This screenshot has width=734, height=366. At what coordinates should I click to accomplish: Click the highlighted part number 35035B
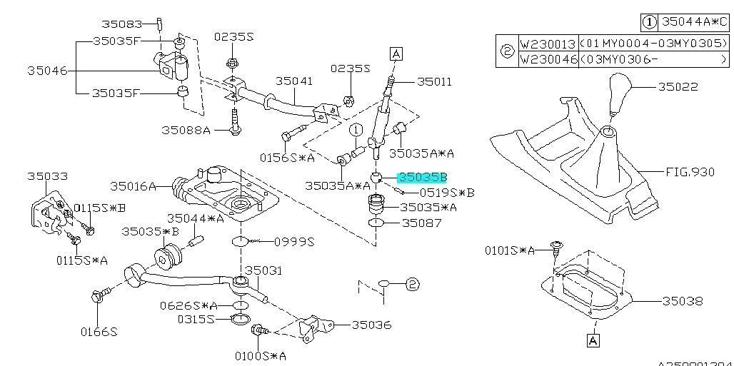[x=422, y=177]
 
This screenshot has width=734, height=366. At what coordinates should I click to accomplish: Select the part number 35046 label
[x=47, y=71]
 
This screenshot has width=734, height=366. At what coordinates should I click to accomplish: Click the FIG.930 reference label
[x=690, y=172]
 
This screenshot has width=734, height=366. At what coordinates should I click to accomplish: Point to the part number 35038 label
[x=683, y=301]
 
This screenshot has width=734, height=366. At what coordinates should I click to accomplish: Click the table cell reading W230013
[x=547, y=44]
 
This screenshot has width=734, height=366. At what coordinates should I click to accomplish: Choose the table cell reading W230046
[x=547, y=59]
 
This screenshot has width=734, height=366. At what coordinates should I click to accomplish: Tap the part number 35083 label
[x=121, y=24]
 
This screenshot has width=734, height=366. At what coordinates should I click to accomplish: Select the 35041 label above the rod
[x=294, y=81]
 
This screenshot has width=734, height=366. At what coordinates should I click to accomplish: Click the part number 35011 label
[x=434, y=82]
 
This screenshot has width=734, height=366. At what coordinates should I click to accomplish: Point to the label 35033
[x=47, y=175]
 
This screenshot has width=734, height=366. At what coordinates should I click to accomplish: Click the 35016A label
[x=133, y=186]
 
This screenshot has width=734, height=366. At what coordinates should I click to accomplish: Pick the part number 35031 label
[x=264, y=270]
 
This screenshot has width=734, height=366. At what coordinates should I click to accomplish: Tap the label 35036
[x=371, y=325]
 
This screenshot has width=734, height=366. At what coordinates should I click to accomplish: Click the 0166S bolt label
[x=98, y=332]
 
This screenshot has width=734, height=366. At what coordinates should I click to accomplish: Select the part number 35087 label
[x=422, y=223]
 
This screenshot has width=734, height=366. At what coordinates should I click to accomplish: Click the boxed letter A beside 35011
[x=396, y=53]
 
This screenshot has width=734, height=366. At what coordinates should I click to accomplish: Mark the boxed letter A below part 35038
[x=593, y=341]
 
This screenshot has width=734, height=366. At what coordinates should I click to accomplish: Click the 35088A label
[x=186, y=130]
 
